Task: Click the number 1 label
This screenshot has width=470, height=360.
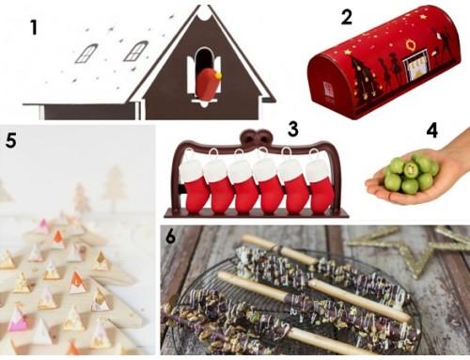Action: pyautogui.click(x=34, y=27)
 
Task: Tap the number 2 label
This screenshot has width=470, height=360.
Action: pyautogui.click(x=346, y=17)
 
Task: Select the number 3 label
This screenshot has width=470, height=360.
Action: pyautogui.click(x=292, y=129)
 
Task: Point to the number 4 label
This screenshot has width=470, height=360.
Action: pyautogui.click(x=431, y=131)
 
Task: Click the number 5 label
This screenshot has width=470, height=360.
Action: pyautogui.click(x=10, y=140)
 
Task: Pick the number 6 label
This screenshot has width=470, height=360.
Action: pyautogui.click(x=170, y=237)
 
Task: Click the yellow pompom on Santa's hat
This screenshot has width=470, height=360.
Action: pyautogui.click(x=218, y=75)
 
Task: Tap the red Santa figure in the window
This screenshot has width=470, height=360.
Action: pyautogui.click(x=208, y=85)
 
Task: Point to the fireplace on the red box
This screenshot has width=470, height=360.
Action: pyautogui.click(x=415, y=65)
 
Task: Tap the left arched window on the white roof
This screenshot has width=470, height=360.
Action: pyautogui.click(x=86, y=54)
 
